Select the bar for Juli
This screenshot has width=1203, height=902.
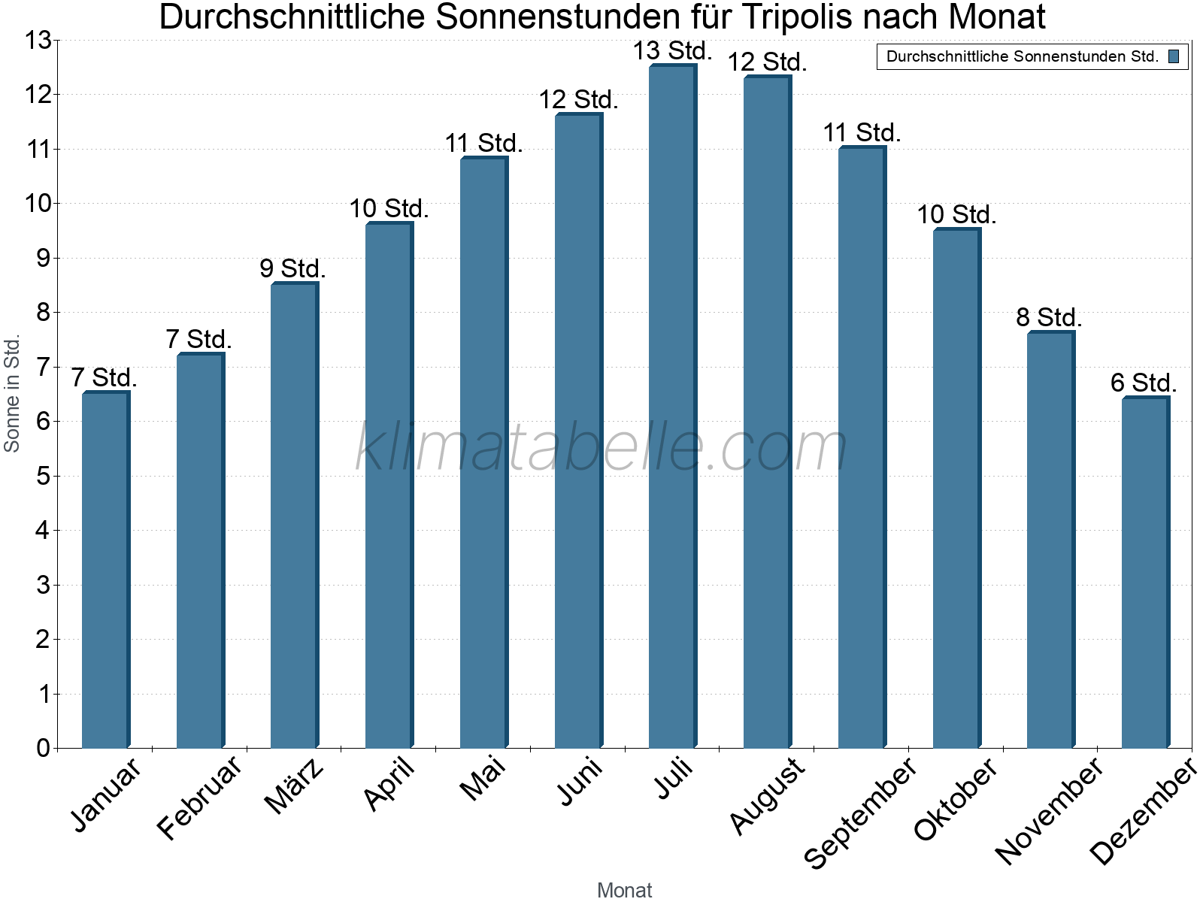(672, 406)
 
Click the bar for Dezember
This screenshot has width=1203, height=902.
(1144, 571)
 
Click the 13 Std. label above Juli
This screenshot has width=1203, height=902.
(672, 51)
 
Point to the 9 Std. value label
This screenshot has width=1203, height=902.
(292, 268)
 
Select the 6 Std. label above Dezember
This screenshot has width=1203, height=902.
(1144, 383)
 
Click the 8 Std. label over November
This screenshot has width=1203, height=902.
(1049, 317)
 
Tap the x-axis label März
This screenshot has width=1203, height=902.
(295, 786)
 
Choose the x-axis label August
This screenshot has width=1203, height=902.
(767, 795)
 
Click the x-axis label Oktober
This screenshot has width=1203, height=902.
(955, 798)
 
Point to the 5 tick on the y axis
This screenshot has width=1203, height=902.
(43, 476)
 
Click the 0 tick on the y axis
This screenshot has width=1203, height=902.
(43, 748)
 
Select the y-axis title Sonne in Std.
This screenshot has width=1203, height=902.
(12, 394)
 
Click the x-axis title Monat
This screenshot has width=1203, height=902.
(624, 890)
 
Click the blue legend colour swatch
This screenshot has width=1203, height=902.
(1174, 56)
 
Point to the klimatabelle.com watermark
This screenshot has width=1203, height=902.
(601, 448)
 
